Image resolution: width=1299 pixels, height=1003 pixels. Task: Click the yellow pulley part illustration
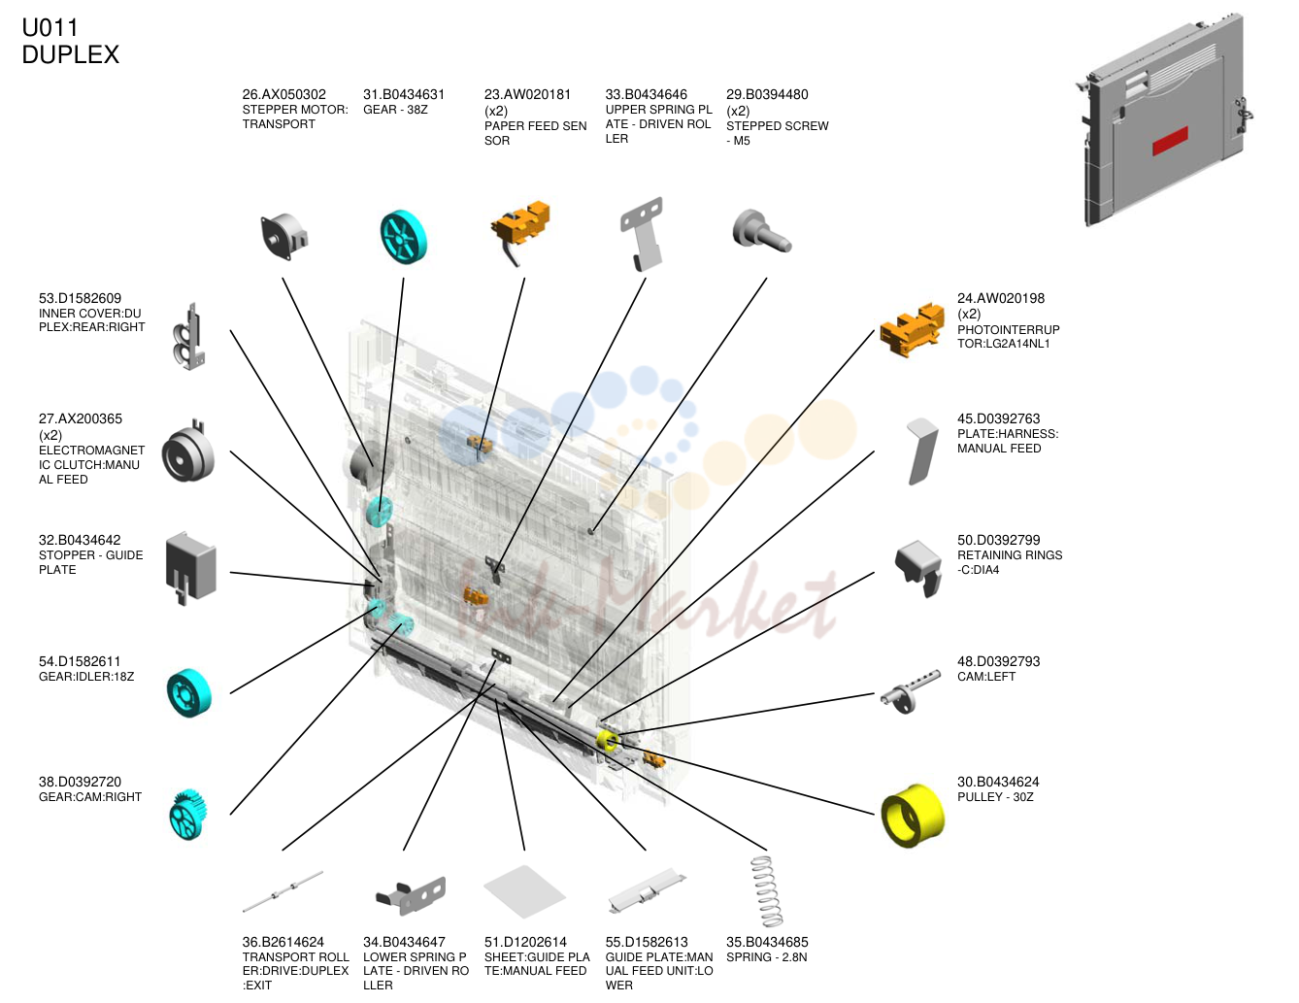(x=913, y=816)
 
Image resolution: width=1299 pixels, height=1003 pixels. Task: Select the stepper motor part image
(x=284, y=236)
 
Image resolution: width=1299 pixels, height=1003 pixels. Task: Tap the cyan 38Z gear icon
(x=404, y=237)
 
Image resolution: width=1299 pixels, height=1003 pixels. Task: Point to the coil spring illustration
(x=767, y=891)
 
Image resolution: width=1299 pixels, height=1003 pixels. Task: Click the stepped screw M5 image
(x=761, y=231)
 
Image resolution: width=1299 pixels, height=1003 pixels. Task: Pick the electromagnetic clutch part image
(x=187, y=452)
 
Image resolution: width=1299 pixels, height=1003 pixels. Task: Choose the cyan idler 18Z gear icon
(x=189, y=692)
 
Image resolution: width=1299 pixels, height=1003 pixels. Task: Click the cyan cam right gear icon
(x=188, y=815)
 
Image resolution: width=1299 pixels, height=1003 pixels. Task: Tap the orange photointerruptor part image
(x=912, y=330)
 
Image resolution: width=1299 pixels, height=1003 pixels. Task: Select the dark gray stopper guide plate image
(x=190, y=568)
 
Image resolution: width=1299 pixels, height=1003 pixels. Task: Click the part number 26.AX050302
(x=283, y=94)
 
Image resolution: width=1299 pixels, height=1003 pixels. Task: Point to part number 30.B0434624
(x=998, y=782)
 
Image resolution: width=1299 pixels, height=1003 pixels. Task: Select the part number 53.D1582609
(x=81, y=298)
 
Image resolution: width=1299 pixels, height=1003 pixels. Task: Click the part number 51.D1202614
(x=525, y=942)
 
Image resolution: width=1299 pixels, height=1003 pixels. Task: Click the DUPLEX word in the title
(x=71, y=54)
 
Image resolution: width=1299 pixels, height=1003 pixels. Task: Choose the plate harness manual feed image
(x=921, y=451)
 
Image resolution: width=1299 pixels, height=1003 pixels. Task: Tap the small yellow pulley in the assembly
(x=608, y=741)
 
